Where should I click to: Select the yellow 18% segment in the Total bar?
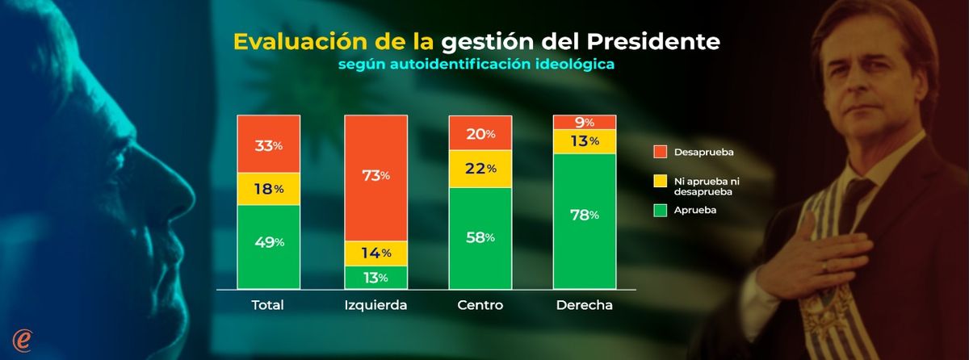point(269,189)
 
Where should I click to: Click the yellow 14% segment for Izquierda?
point(375,253)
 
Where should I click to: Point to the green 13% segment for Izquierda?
point(375,277)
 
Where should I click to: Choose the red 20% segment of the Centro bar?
point(480,133)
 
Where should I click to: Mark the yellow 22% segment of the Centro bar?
point(480,169)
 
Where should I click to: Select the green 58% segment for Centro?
point(480,237)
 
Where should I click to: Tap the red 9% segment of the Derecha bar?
point(584,122)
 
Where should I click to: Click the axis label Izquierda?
point(375,306)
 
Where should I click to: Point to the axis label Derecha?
point(584,306)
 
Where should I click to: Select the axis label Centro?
point(480,306)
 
